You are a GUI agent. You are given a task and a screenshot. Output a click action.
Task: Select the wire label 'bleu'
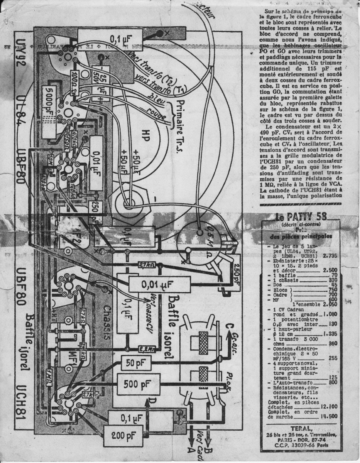coord(158,99)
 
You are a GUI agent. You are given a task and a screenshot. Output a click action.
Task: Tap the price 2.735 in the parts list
coord(330,255)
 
